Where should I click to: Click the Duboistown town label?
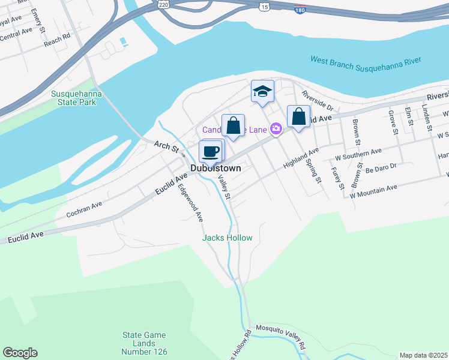[215, 169]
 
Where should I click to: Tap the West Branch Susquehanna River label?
[366, 60]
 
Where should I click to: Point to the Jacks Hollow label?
[227, 238]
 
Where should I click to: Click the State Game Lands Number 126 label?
[145, 343]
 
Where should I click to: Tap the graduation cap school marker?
[262, 92]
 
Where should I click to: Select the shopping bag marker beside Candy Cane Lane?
[233, 126]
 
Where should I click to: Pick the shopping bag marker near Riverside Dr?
[298, 116]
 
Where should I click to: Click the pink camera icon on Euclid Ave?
[276, 128]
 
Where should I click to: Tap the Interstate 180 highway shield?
[301, 10]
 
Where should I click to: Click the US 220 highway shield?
[164, 4]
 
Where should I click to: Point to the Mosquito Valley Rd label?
[281, 337]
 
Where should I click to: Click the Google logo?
[20, 353]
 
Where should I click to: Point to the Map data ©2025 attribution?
[423, 355]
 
